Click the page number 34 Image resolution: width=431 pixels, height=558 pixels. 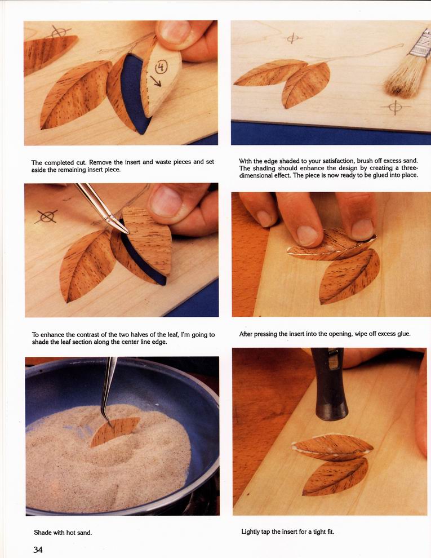coord(38,550)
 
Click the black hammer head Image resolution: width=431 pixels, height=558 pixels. coord(330,384)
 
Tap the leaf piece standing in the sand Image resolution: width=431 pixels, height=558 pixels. coord(114,432)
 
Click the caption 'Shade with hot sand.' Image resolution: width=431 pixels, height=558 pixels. coord(63,533)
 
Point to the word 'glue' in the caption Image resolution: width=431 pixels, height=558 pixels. coord(403,334)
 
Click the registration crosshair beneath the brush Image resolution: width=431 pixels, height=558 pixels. coord(395,107)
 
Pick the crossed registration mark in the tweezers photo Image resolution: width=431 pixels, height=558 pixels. coord(47,216)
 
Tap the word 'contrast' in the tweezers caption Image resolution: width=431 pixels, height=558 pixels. coord(89,334)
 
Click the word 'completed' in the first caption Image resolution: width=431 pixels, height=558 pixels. coord(59,162)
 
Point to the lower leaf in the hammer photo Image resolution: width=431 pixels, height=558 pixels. coord(335,476)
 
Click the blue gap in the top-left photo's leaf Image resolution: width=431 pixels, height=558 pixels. coord(134,93)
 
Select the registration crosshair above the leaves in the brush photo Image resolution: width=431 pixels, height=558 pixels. coord(292,38)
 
